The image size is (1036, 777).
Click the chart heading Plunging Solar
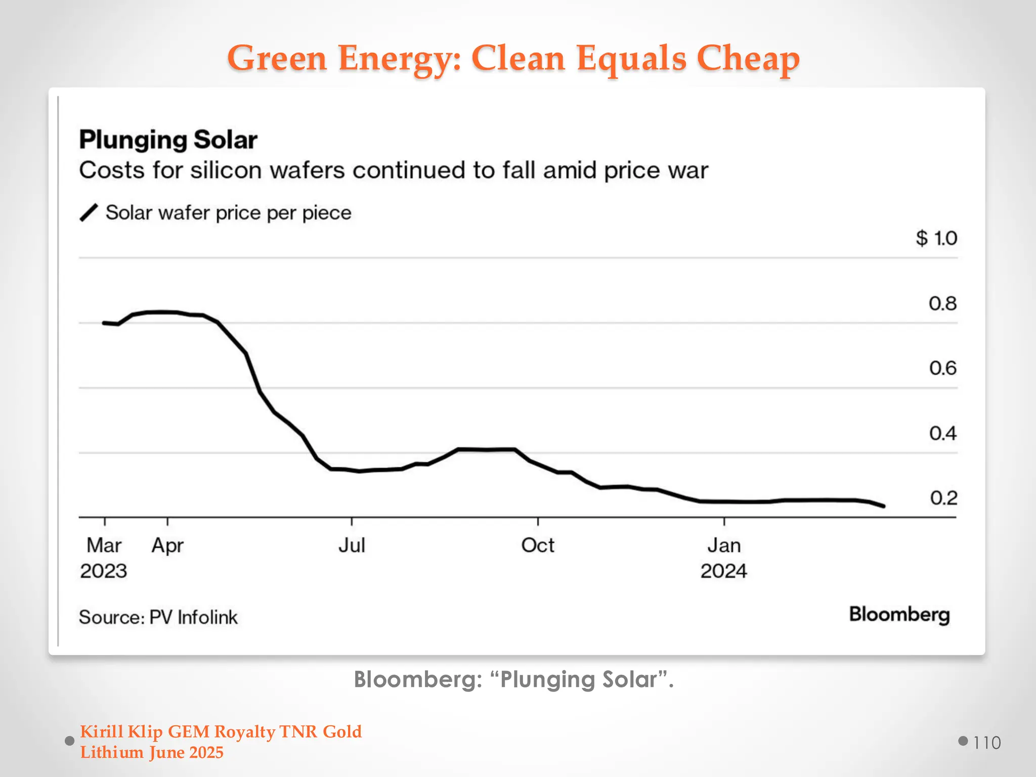coord(168,140)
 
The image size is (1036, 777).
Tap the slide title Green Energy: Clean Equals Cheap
coord(513,58)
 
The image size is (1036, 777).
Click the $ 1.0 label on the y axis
coord(936,238)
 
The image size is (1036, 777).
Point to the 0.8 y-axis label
coord(942,304)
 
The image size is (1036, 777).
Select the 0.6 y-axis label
coord(942,368)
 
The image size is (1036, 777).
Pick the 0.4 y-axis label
coord(942,434)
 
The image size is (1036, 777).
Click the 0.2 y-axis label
coord(943,498)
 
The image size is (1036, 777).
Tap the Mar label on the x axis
coord(104,545)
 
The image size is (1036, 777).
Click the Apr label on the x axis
coord(167,546)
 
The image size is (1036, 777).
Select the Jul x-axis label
coord(352,545)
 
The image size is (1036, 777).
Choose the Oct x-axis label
coord(538,545)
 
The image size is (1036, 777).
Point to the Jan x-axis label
coord(724,545)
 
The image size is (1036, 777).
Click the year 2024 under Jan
coord(723,571)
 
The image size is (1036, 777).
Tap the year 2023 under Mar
coord(103,571)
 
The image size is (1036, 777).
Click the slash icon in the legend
coord(89,213)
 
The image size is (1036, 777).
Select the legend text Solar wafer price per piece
coord(228,213)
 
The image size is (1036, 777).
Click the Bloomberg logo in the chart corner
coord(899,615)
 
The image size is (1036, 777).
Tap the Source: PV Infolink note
coord(158,618)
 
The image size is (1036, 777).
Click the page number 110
coord(986,743)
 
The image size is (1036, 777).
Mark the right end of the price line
coord(883,506)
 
